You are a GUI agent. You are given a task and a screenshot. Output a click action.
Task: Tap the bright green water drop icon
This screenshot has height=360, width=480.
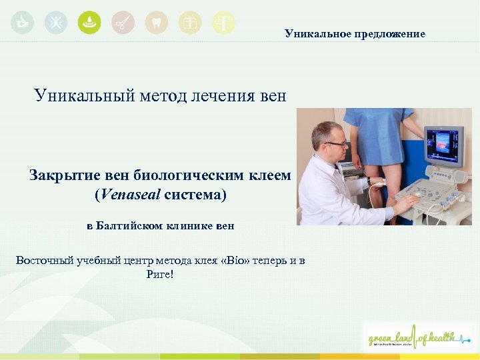tap(89, 23)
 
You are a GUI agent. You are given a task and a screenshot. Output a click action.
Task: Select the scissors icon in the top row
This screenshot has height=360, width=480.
tap(123, 23)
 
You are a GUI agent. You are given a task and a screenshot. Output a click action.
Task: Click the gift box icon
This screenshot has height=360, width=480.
tap(190, 23)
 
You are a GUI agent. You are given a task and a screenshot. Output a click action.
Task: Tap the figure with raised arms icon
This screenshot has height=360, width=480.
tap(55, 23)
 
